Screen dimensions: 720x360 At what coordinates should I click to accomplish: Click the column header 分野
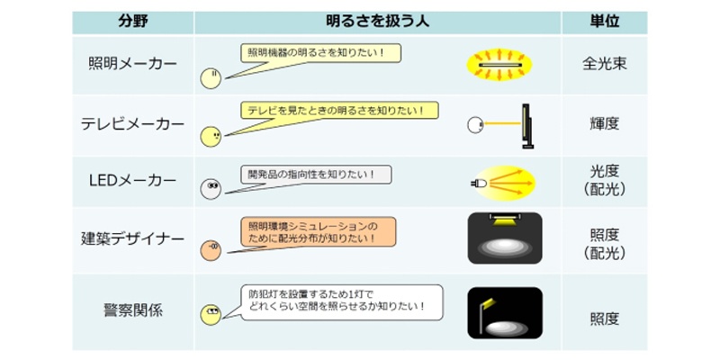click(x=132, y=22)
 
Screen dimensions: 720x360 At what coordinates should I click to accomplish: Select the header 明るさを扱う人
click(x=377, y=22)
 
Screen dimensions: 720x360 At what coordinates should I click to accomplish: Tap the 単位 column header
click(x=604, y=22)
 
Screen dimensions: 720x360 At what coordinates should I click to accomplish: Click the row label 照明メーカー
click(x=132, y=64)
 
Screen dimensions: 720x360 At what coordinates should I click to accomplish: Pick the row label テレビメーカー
click(x=132, y=124)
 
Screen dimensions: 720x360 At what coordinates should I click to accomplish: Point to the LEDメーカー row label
click(x=132, y=181)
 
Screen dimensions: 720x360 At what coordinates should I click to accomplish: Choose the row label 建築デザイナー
click(x=132, y=239)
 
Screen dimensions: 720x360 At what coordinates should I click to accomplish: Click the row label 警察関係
click(x=132, y=310)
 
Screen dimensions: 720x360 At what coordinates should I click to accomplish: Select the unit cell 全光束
click(x=604, y=64)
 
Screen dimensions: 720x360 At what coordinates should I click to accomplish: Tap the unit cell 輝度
click(x=604, y=124)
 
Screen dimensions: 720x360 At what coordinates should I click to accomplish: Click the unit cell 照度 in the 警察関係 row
click(x=604, y=319)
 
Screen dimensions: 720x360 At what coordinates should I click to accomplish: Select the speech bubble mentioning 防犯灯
click(x=342, y=302)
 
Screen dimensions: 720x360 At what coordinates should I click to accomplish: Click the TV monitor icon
click(x=527, y=126)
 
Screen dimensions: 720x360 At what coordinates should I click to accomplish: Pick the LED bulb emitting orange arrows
click(x=479, y=184)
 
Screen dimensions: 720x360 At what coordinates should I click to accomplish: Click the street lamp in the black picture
click(x=484, y=315)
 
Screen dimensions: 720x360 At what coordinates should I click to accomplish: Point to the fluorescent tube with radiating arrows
click(x=499, y=65)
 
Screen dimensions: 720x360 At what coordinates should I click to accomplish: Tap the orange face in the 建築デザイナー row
click(x=211, y=250)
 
